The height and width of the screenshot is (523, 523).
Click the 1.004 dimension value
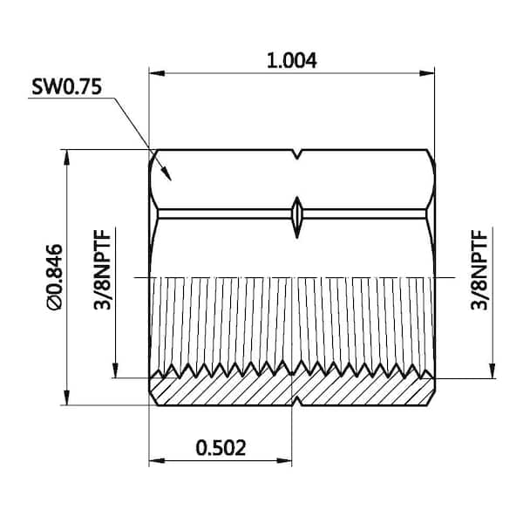point(292,60)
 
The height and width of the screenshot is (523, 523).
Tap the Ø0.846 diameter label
point(54,277)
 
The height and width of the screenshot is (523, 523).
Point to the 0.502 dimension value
point(221,447)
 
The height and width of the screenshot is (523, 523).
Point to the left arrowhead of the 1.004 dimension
point(154,72)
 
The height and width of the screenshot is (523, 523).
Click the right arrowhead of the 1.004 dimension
point(428,72)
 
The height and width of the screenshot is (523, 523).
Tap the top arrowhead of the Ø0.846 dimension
point(66,155)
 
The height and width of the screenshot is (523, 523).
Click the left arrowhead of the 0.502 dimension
point(155,460)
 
